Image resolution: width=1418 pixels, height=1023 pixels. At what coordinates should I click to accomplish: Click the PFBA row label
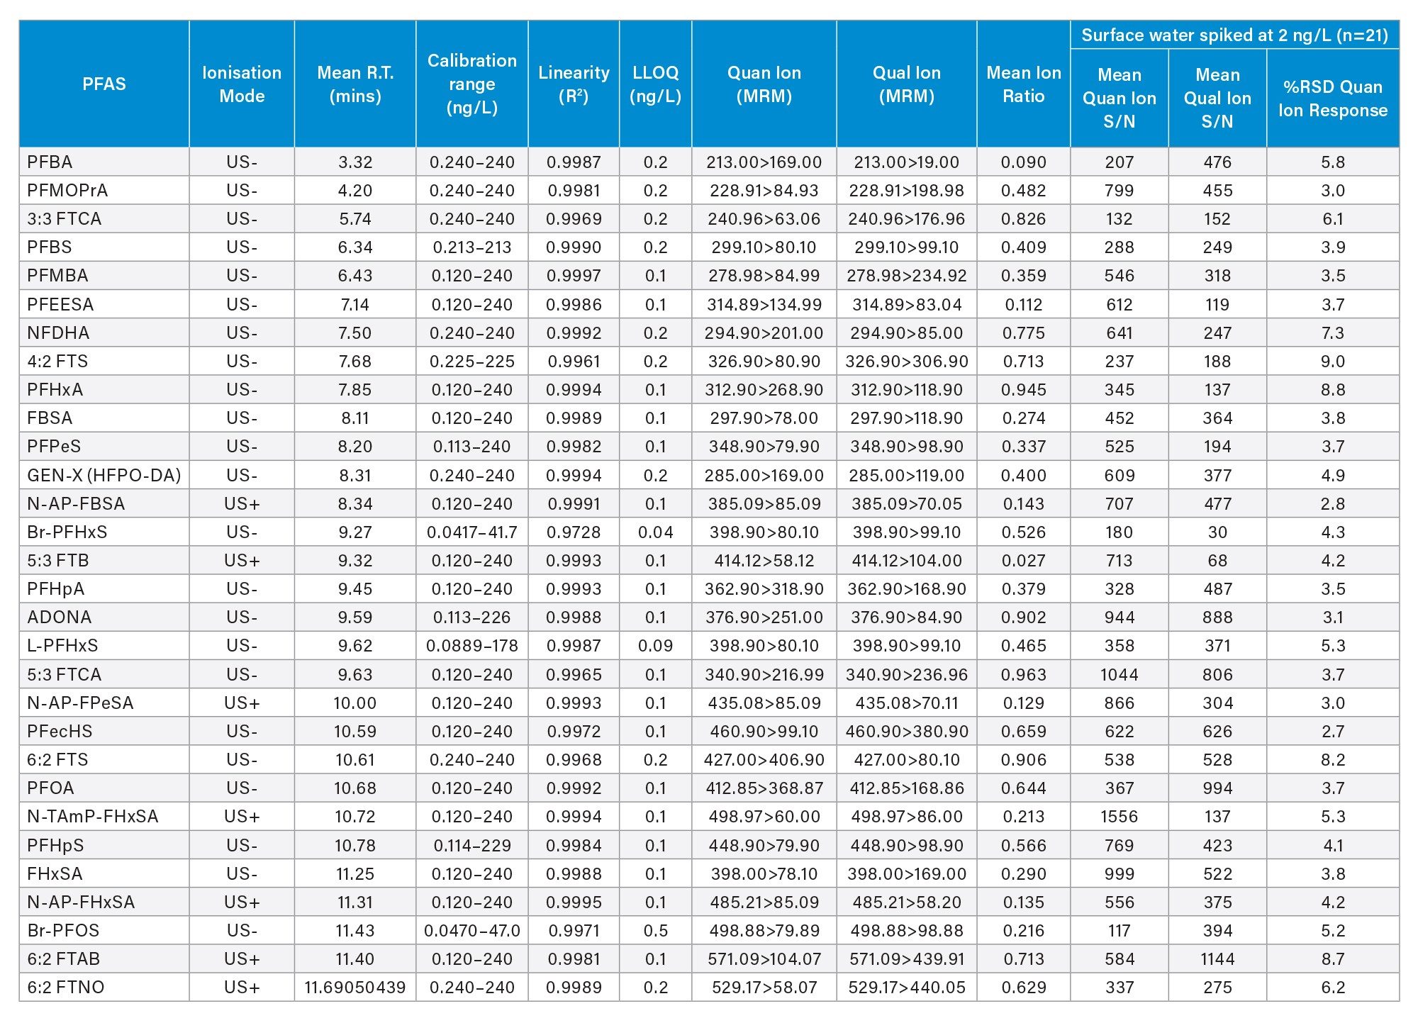(x=50, y=162)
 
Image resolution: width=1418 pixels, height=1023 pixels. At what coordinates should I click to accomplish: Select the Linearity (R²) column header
(x=574, y=84)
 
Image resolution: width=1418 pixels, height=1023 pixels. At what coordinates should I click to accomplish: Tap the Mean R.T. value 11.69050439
(x=355, y=988)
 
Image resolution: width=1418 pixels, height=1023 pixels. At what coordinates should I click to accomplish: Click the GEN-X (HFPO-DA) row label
(x=104, y=475)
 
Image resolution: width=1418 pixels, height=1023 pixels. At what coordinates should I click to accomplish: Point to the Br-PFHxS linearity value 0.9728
(x=574, y=532)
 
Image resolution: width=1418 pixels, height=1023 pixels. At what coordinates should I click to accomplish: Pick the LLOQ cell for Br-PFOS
(x=655, y=931)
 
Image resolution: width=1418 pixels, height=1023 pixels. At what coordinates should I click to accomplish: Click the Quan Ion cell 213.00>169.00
(x=764, y=162)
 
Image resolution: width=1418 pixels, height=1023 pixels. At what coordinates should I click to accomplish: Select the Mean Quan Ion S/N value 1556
(x=1119, y=817)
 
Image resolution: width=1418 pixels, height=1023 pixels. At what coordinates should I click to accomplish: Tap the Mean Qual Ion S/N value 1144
(x=1217, y=959)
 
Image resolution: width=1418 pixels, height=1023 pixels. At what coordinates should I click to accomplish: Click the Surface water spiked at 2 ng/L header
(x=1234, y=35)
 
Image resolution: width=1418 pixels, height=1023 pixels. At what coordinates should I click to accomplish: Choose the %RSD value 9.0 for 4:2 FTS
(x=1332, y=362)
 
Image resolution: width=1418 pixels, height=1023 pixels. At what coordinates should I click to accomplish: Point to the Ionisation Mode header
(x=242, y=84)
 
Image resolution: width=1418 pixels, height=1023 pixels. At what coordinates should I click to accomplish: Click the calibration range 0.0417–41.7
(x=471, y=532)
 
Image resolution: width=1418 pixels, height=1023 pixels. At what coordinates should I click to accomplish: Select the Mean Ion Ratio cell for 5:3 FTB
(x=1023, y=561)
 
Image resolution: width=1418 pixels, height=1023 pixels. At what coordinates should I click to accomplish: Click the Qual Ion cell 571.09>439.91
(x=906, y=959)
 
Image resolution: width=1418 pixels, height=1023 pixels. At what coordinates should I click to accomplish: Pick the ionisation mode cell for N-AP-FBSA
(x=242, y=504)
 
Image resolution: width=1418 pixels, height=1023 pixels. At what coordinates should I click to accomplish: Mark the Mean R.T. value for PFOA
(x=355, y=788)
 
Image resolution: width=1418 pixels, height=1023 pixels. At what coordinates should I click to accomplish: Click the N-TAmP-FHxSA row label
(x=93, y=817)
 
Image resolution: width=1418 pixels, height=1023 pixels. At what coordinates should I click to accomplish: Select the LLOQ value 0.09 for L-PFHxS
(x=655, y=646)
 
